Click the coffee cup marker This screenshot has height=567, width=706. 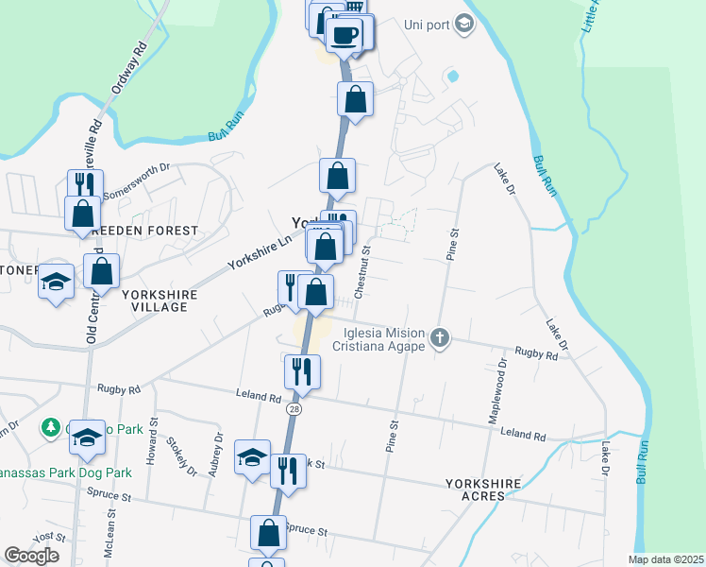[344, 35]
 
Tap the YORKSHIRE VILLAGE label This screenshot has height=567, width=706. [160, 301]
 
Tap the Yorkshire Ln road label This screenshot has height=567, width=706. [259, 252]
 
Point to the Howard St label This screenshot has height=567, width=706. [151, 445]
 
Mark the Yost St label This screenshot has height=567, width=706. [43, 536]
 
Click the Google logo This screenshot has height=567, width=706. [31, 556]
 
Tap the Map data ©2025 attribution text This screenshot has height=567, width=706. [665, 559]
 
